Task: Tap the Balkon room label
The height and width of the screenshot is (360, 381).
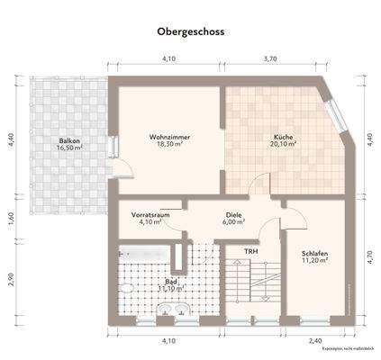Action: point(69,140)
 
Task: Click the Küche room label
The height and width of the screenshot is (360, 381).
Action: point(285,137)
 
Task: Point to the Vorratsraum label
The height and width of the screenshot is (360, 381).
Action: point(150,216)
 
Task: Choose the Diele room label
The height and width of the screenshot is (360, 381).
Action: point(234,216)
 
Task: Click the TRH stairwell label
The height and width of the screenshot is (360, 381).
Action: point(251,251)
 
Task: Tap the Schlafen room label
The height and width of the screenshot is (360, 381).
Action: point(314,255)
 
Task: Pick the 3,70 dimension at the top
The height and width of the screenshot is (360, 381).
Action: point(268,58)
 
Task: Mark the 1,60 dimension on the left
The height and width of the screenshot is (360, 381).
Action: point(11,216)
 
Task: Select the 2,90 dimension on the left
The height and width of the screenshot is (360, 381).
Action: point(11,279)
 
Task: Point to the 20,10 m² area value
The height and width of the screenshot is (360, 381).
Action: point(285,145)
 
